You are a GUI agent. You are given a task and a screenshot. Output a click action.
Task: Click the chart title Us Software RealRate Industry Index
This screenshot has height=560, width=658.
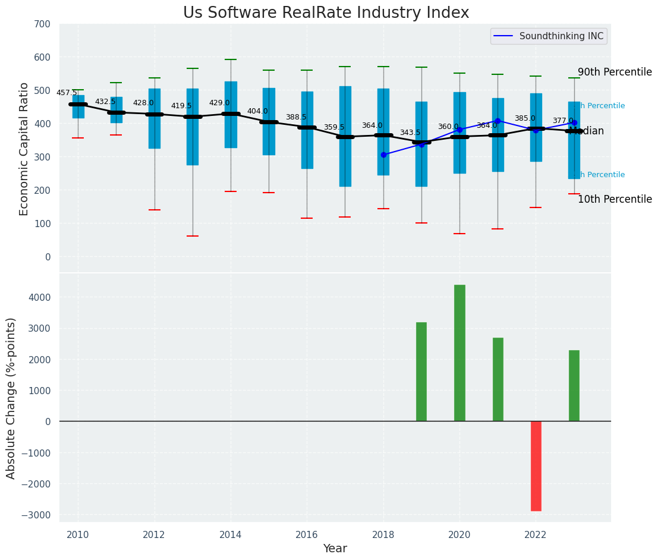click(x=326, y=13)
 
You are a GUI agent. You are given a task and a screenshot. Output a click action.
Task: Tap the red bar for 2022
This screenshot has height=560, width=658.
click(x=536, y=466)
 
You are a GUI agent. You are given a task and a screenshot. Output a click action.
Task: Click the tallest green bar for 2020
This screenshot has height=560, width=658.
click(x=459, y=353)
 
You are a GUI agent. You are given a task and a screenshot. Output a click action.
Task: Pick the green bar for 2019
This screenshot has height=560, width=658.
click(x=421, y=372)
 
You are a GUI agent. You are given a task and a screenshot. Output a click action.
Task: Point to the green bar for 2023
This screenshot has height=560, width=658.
click(x=574, y=386)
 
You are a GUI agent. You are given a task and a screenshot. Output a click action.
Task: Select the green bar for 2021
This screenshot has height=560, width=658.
click(x=498, y=379)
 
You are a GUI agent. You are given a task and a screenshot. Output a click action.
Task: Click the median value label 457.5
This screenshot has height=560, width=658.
click(x=67, y=93)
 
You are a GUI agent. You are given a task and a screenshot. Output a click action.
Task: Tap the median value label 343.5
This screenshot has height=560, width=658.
click(x=410, y=133)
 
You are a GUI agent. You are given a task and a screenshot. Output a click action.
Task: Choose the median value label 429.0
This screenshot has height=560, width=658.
click(x=219, y=103)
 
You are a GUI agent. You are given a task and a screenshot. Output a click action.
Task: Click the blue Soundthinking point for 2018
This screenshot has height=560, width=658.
click(x=383, y=155)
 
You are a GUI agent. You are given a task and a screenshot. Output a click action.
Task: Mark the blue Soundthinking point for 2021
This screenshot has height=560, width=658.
click(x=498, y=121)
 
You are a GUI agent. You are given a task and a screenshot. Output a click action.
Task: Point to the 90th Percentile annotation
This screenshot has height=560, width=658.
click(x=615, y=72)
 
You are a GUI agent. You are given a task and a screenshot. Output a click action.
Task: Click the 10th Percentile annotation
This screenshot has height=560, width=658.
click(x=615, y=199)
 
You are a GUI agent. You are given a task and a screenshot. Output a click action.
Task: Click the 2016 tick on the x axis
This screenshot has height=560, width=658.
click(x=307, y=535)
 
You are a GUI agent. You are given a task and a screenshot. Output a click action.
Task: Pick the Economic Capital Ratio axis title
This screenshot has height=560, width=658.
click(x=24, y=149)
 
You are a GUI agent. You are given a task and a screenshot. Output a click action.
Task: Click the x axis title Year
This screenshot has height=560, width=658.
click(x=335, y=549)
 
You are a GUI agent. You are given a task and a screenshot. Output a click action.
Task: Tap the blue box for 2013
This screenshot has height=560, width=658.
click(x=193, y=127)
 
